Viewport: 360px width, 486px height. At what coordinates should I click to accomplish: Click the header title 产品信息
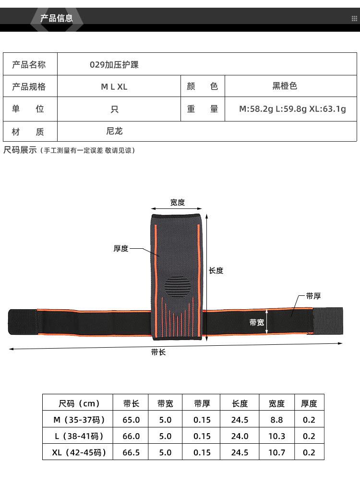point(56,18)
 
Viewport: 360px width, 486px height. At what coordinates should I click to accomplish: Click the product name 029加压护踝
point(114,65)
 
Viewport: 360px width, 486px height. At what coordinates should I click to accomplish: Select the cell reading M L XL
point(114,87)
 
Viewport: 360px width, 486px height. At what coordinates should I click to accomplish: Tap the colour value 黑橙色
point(285,86)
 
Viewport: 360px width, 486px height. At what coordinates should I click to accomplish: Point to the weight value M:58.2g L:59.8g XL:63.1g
point(292,109)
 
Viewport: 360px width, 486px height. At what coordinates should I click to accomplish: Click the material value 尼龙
point(114,131)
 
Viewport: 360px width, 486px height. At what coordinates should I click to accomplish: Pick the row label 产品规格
point(29,86)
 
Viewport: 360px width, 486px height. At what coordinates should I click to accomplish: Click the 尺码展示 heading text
point(20,150)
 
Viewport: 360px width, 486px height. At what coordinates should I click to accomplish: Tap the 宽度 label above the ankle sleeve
point(178,202)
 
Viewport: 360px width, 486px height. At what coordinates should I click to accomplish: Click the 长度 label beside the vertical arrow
point(216,270)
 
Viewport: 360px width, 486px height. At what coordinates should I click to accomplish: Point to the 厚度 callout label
point(121,249)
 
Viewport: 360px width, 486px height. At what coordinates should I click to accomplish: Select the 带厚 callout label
point(313,296)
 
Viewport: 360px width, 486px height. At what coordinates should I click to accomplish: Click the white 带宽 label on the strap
point(257,323)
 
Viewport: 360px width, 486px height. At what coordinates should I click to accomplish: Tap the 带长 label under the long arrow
point(158,352)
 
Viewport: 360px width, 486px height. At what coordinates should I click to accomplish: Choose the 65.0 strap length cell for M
point(131,420)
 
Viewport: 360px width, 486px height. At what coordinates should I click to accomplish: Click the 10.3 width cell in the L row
point(276,437)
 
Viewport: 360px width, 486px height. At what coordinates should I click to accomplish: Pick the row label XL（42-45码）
point(79,452)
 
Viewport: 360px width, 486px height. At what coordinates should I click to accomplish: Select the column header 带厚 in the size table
point(202,403)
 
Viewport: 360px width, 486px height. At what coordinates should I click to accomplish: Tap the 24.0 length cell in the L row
point(240,437)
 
